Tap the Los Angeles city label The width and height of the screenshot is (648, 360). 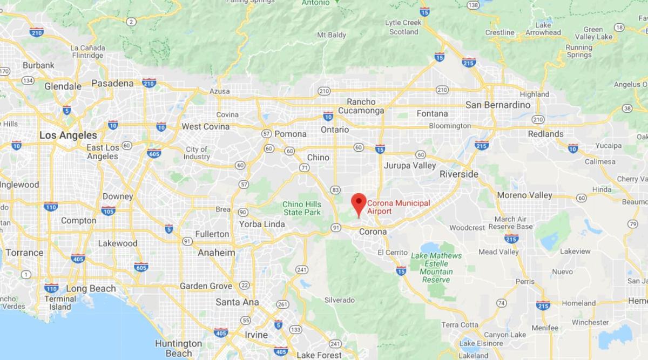click(68, 135)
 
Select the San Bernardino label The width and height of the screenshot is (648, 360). click(498, 105)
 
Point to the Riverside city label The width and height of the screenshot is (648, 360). click(458, 174)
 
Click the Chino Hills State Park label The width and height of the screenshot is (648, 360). click(301, 208)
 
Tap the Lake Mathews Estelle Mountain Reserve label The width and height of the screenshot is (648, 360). click(436, 268)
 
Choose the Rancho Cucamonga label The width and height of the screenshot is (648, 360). click(361, 106)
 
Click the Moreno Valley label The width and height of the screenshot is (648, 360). click(524, 195)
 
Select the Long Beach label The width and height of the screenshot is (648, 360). click(91, 289)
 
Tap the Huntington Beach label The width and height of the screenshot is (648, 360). click(178, 348)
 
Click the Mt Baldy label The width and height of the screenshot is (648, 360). click(332, 35)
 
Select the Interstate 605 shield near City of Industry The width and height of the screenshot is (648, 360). click(154, 153)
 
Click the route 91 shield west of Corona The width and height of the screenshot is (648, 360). click(336, 228)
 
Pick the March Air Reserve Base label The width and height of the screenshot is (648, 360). click(513, 223)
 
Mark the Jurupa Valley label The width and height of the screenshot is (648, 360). click(409, 166)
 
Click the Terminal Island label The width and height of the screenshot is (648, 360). click(60, 303)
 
